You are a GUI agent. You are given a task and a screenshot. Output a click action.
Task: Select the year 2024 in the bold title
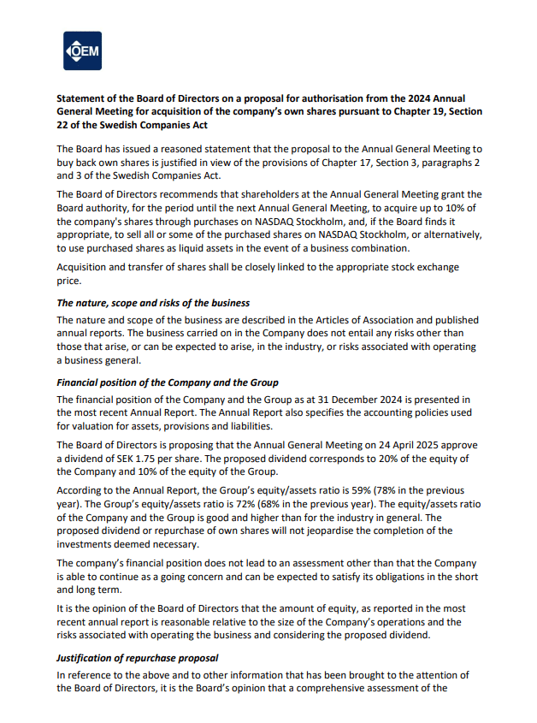coord(405,98)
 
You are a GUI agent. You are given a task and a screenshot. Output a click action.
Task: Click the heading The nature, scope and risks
coord(153,303)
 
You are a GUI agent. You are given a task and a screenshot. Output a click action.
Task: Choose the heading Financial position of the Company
coord(167,382)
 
